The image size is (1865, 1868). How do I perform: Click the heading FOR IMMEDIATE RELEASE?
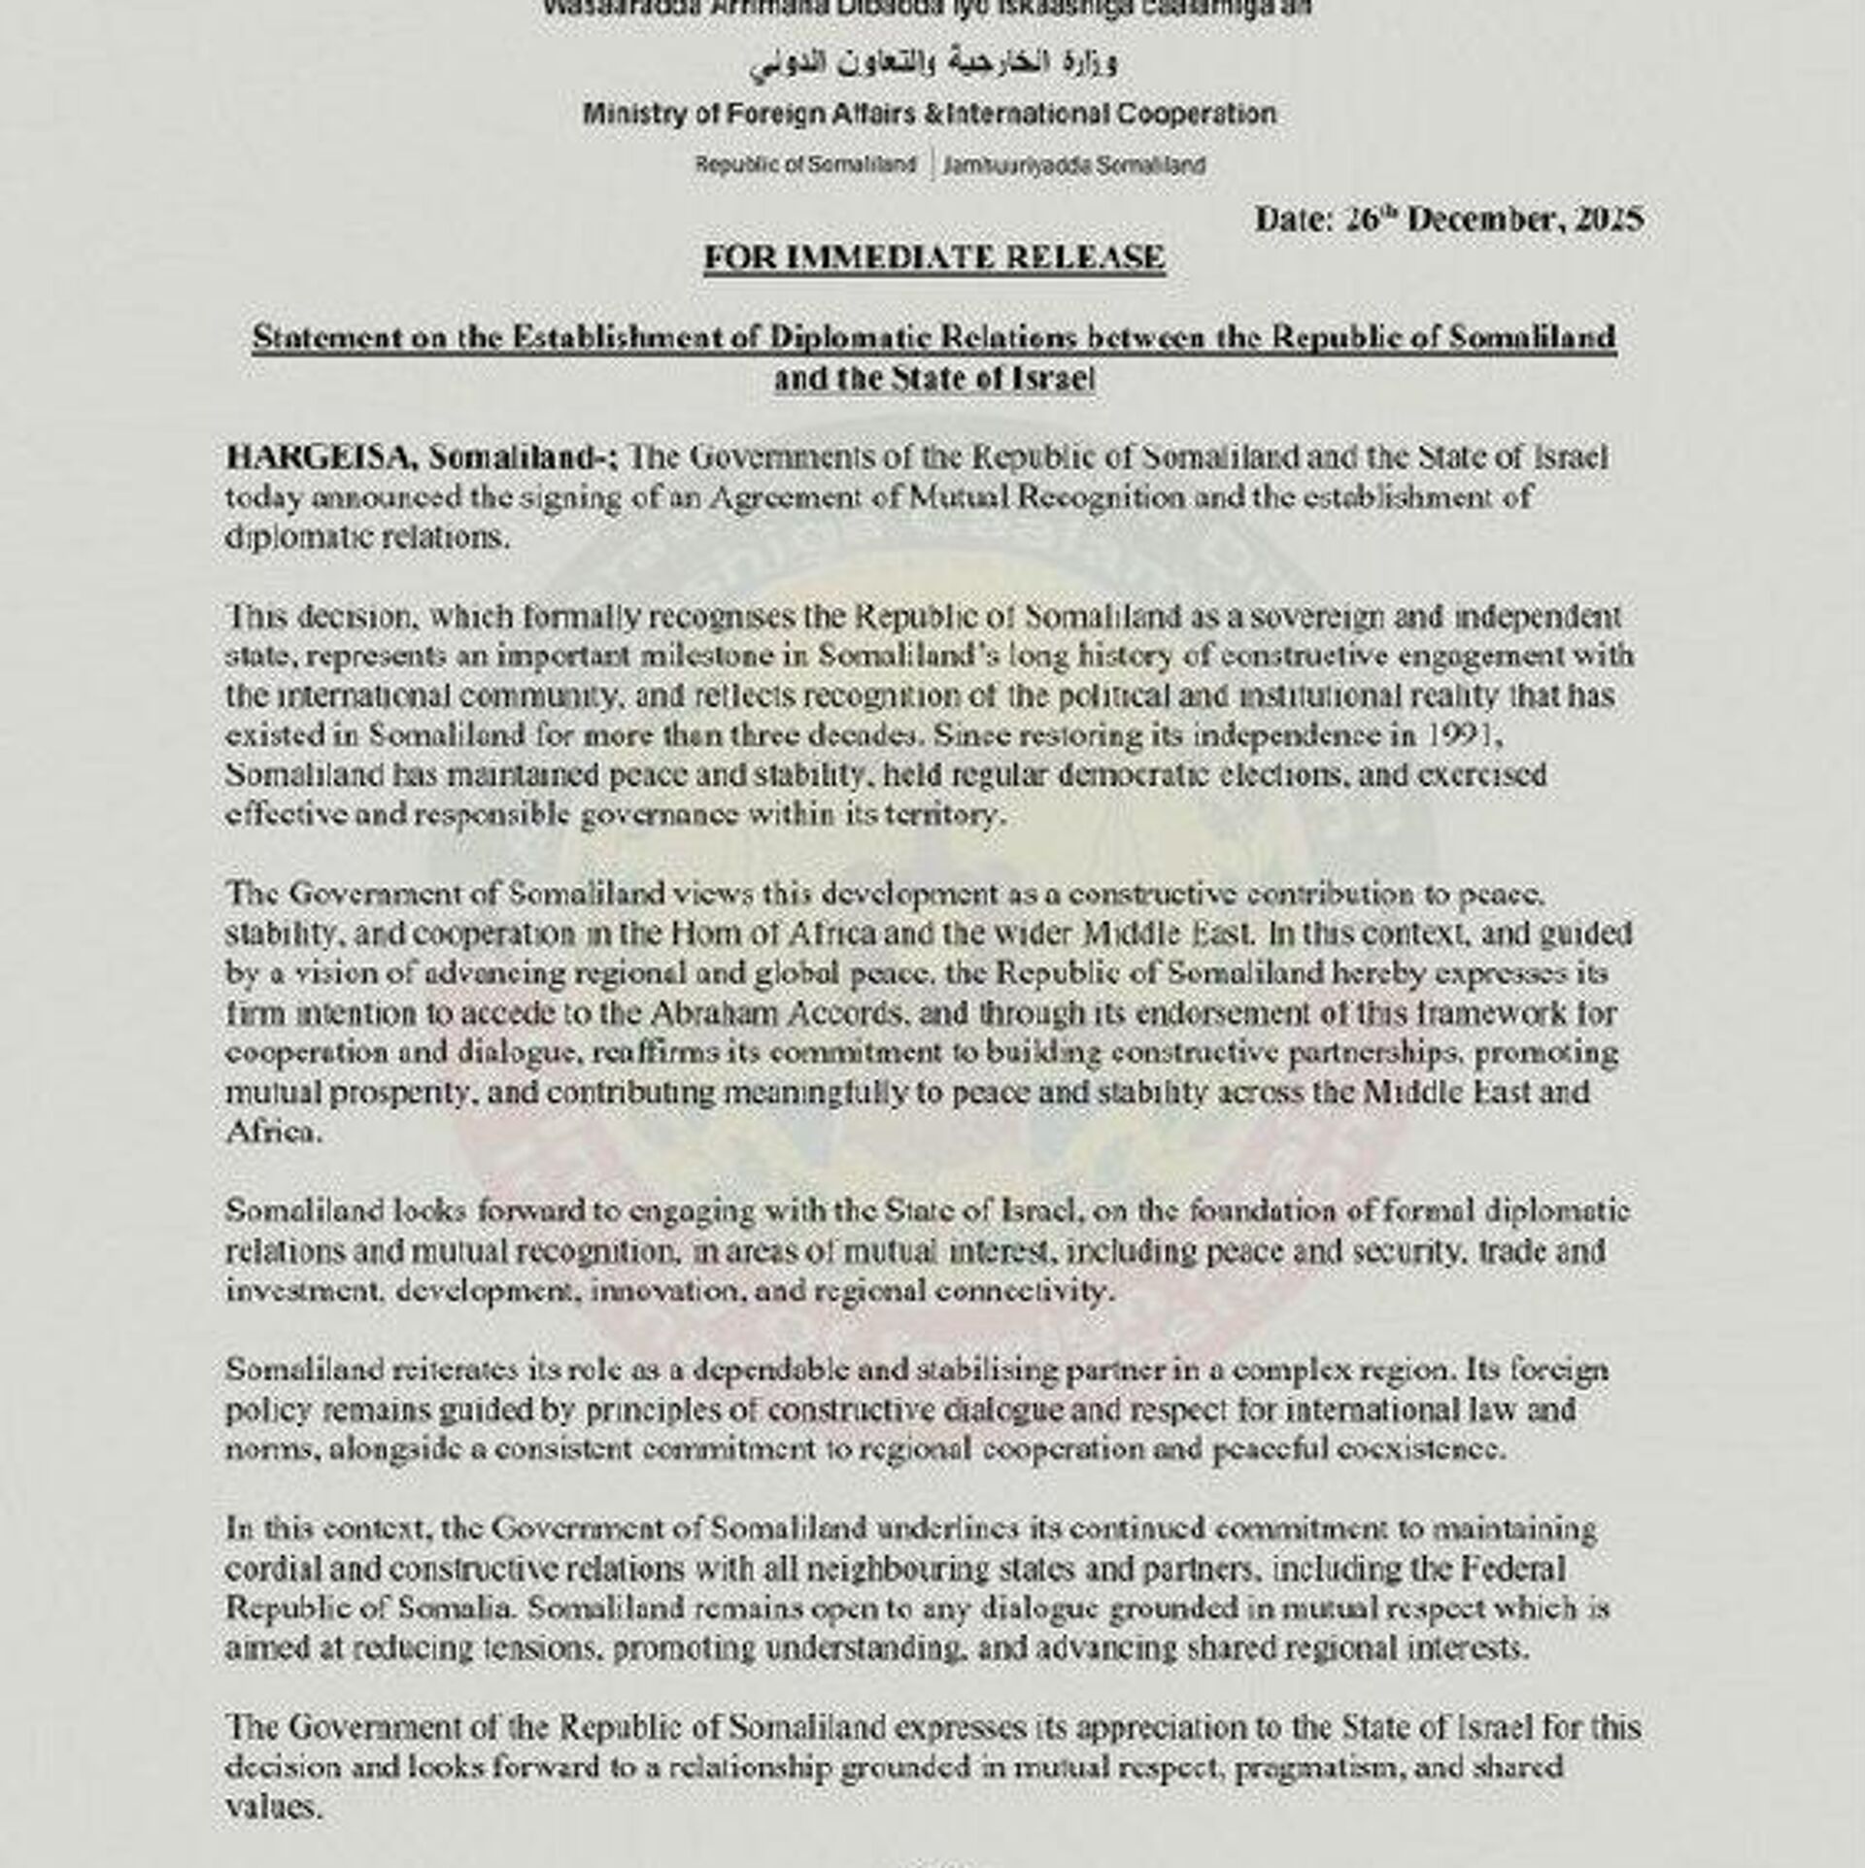pyautogui.click(x=933, y=258)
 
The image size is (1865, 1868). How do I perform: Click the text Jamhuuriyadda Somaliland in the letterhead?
pyautogui.click(x=1073, y=165)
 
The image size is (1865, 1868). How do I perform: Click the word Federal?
pyautogui.click(x=1514, y=1569)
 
